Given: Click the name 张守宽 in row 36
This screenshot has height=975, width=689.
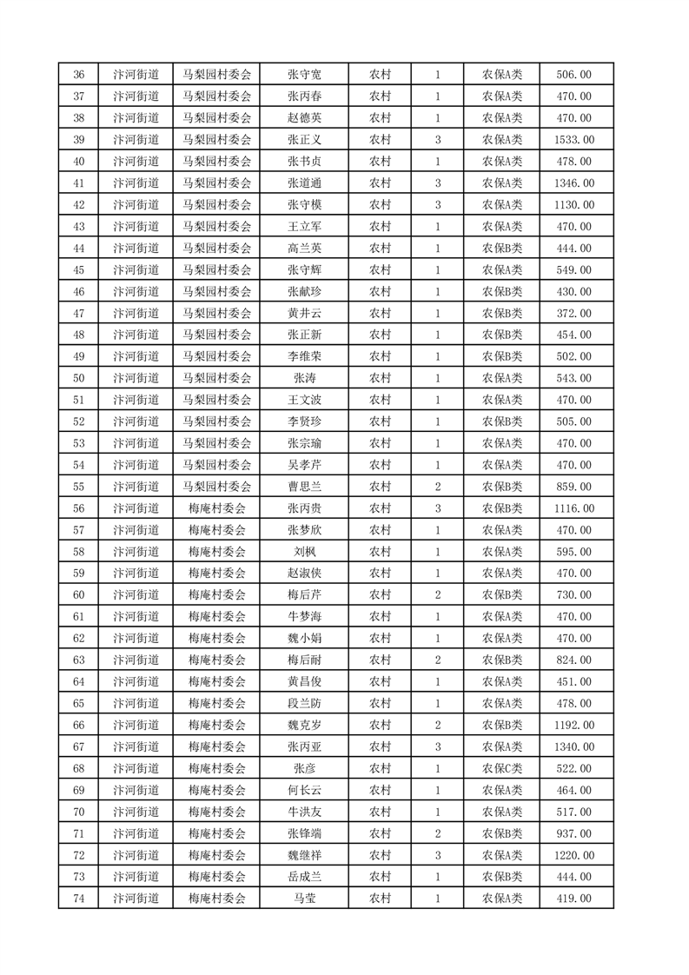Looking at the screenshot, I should (304, 75).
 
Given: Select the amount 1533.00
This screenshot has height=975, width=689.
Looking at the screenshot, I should (576, 140).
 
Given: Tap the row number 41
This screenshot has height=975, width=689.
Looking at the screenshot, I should (79, 183).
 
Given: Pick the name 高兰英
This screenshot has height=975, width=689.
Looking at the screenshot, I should (304, 249).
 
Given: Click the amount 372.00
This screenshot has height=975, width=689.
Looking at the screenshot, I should (576, 313).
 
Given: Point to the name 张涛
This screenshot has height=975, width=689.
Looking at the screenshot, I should (304, 378).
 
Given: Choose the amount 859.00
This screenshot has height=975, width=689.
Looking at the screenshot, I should (576, 487).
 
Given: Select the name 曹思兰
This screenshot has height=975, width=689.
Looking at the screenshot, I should (304, 487).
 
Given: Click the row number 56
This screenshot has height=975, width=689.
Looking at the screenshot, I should (79, 508).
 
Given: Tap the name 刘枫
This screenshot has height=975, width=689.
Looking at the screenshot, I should (304, 552).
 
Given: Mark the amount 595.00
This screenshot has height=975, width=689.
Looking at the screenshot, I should (576, 552).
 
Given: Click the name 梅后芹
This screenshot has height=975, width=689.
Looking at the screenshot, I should (304, 594).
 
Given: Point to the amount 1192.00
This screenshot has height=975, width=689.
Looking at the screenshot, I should (576, 725).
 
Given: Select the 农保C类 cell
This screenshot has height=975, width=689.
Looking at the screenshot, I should (502, 768).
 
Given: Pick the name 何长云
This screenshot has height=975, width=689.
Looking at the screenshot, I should (304, 790).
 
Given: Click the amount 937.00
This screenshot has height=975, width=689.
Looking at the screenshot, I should (576, 833).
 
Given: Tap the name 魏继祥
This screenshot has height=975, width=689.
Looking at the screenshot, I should (304, 855).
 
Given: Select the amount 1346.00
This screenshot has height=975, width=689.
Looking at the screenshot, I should (576, 183).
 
